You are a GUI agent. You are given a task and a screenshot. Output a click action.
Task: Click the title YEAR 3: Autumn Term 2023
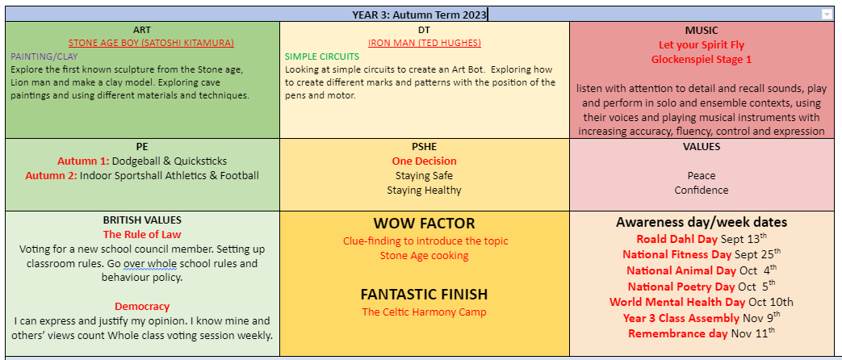pyautogui.click(x=419, y=15)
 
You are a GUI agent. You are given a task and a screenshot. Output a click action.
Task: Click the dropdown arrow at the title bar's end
pyautogui.click(x=827, y=15)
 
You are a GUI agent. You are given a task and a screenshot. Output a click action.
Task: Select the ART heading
pyautogui.click(x=142, y=30)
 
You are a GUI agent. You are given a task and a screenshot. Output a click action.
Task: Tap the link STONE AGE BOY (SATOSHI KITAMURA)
pyautogui.click(x=152, y=43)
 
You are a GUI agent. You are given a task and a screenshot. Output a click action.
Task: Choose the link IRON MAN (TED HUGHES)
pyautogui.click(x=424, y=43)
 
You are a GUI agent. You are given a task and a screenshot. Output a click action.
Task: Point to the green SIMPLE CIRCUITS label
pyautogui.click(x=321, y=56)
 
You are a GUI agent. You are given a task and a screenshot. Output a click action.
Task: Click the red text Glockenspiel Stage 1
pyautogui.click(x=702, y=59)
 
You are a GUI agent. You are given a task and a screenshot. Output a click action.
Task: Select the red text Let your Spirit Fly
pyautogui.click(x=702, y=45)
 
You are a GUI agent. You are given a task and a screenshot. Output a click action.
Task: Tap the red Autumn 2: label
pyautogui.click(x=51, y=176)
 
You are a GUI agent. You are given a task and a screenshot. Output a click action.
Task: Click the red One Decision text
pyautogui.click(x=424, y=161)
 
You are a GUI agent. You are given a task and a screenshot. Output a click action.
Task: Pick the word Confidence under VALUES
pyautogui.click(x=702, y=190)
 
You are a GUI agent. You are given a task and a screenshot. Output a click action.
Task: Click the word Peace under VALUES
pyautogui.click(x=702, y=176)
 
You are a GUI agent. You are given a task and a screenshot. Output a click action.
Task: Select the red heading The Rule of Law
pyautogui.click(x=142, y=234)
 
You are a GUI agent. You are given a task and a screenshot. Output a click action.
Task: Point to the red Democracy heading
pyautogui.click(x=142, y=307)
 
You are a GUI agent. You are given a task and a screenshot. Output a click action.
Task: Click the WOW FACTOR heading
pyautogui.click(x=424, y=223)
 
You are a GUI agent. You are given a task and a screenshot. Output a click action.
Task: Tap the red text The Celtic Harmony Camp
pyautogui.click(x=424, y=312)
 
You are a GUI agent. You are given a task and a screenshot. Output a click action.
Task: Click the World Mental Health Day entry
pyautogui.click(x=702, y=302)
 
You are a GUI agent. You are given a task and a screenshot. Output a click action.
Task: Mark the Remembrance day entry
pyautogui.click(x=702, y=333)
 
